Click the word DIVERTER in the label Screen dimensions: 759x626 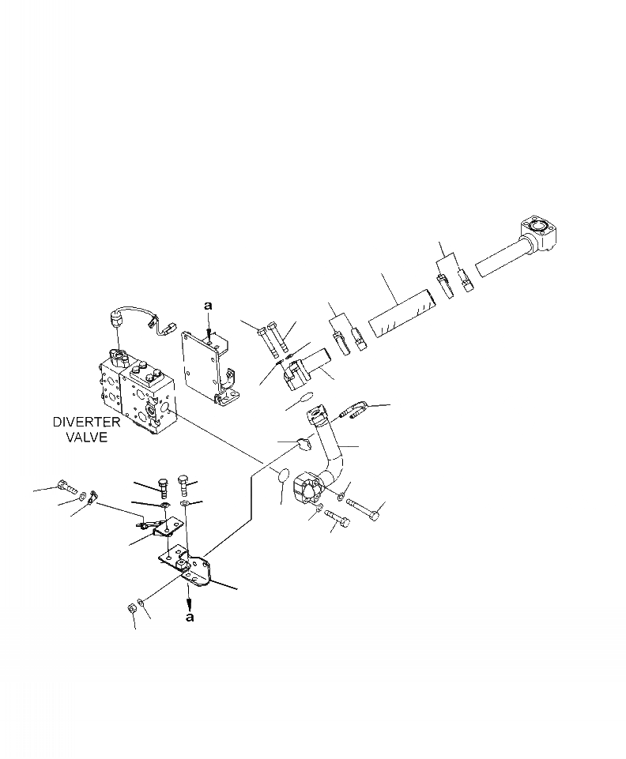tap(86, 423)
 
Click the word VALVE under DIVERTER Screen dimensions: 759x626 tap(86, 437)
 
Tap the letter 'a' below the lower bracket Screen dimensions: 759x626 tap(190, 618)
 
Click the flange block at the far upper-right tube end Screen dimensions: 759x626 tap(540, 234)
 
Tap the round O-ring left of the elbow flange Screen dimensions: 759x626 tap(279, 475)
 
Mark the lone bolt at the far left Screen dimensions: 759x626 tap(66, 487)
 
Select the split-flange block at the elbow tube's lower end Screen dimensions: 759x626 tap(308, 489)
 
